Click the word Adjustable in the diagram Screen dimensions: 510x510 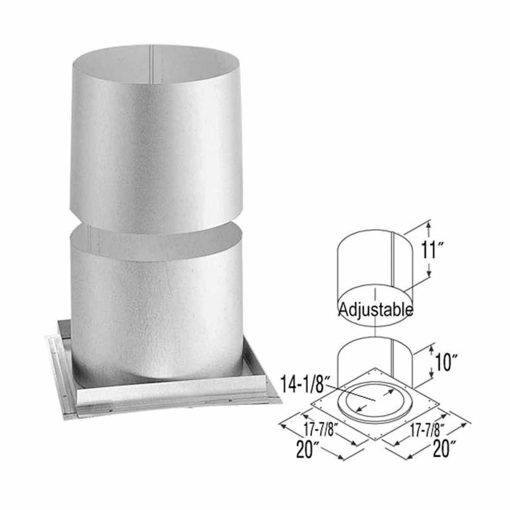375,309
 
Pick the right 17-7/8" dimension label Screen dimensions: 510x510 425,430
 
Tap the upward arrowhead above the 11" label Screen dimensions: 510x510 429,226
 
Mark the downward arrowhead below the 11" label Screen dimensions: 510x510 429,274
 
